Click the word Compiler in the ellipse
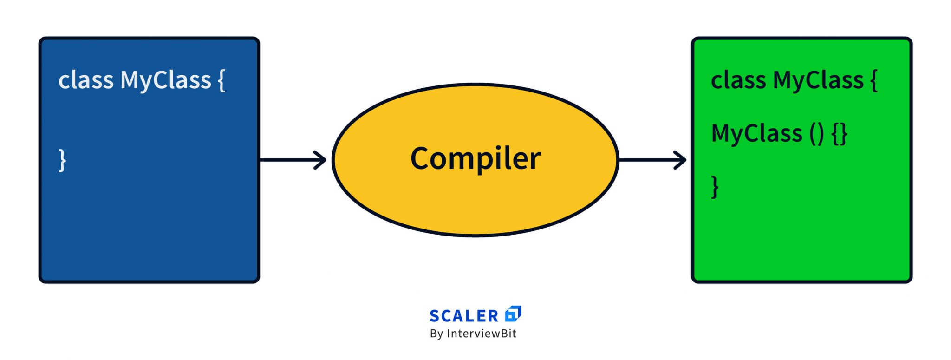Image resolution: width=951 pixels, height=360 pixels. (x=475, y=158)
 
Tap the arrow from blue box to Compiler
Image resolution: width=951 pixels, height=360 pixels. (x=293, y=160)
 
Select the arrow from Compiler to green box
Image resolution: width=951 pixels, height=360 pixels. (x=652, y=160)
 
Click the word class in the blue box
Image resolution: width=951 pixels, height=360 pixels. (x=86, y=80)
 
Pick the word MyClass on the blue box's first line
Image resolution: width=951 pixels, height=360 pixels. (x=166, y=80)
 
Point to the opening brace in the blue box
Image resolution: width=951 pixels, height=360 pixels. (x=221, y=80)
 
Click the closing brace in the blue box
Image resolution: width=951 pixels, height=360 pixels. (x=62, y=160)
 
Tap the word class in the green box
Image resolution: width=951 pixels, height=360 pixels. (x=738, y=80)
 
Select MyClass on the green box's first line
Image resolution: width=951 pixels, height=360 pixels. (x=818, y=80)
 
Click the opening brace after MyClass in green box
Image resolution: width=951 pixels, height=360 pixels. (x=874, y=80)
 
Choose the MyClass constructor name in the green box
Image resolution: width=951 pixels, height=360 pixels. (x=757, y=133)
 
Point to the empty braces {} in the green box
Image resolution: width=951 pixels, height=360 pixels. (x=840, y=134)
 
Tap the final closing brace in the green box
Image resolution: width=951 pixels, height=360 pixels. (x=715, y=187)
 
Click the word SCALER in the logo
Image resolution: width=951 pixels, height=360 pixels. (x=464, y=316)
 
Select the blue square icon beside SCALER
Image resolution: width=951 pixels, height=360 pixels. (x=513, y=314)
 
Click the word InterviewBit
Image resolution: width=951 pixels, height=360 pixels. (x=482, y=334)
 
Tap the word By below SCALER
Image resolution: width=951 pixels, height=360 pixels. (x=436, y=334)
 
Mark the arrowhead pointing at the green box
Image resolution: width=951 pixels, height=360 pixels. (x=681, y=160)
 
